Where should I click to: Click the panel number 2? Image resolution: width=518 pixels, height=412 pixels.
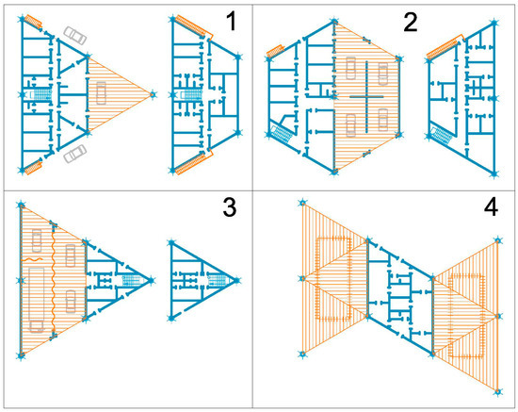409,22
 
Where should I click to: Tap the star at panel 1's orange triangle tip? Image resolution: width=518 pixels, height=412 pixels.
152,93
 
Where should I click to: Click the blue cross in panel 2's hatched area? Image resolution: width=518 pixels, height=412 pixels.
364,97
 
